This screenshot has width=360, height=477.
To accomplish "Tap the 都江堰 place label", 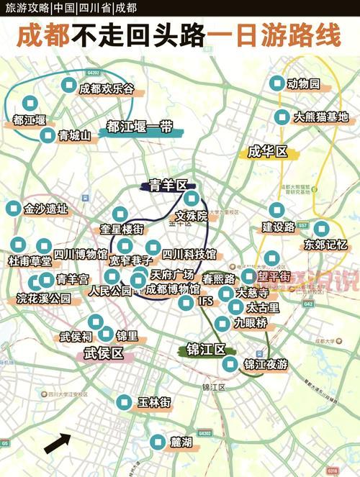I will tap(30, 120).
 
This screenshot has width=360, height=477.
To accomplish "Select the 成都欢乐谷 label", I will tap(107, 89).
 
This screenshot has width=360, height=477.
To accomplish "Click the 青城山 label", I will tap(75, 135).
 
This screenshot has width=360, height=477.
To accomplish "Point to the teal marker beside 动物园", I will tap(276, 83).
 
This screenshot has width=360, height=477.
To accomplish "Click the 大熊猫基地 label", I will tap(320, 117).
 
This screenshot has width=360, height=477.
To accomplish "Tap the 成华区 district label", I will tap(267, 152).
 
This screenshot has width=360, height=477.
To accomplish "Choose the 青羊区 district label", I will tap(168, 186).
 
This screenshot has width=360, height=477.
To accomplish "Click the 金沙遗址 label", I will tap(46, 209).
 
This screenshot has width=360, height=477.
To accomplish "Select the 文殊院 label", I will tap(191, 215).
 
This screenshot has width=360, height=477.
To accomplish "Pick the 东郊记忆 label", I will tap(325, 245).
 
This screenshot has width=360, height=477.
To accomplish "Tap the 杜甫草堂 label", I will tap(30, 261).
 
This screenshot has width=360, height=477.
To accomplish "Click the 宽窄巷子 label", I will tap(131, 261).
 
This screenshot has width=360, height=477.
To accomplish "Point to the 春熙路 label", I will tap(219, 278).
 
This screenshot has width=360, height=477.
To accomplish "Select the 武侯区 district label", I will tap(104, 353).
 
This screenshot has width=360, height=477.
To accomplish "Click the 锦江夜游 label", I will tap(266, 365).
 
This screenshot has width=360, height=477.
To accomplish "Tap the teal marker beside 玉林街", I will tap(125, 402).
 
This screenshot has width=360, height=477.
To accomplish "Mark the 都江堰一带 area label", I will tap(140, 127).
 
